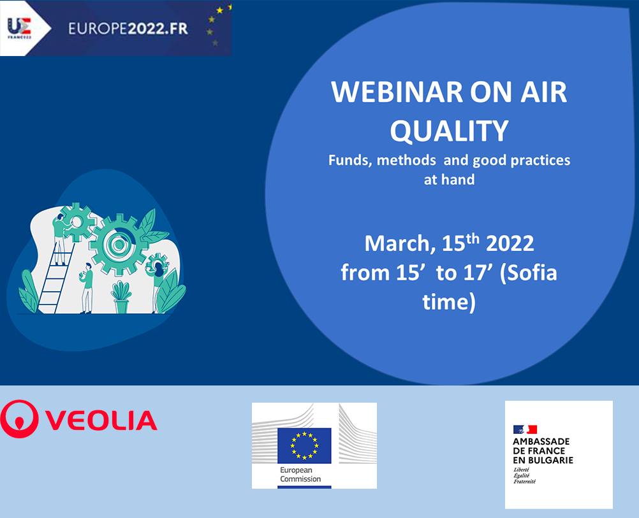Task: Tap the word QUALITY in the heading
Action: click(449, 131)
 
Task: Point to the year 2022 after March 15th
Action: click(510, 244)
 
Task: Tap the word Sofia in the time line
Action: click(532, 273)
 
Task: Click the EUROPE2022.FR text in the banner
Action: click(128, 29)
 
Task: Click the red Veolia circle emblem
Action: click(19, 419)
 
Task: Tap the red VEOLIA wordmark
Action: click(101, 421)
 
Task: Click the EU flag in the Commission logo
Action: click(304, 445)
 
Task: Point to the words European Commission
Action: click(300, 475)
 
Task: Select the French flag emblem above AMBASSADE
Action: click(525, 429)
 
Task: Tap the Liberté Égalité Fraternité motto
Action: click(524, 476)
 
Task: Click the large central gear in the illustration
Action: click(119, 244)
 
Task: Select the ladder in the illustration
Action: click(57, 277)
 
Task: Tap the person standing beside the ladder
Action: click(86, 289)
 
